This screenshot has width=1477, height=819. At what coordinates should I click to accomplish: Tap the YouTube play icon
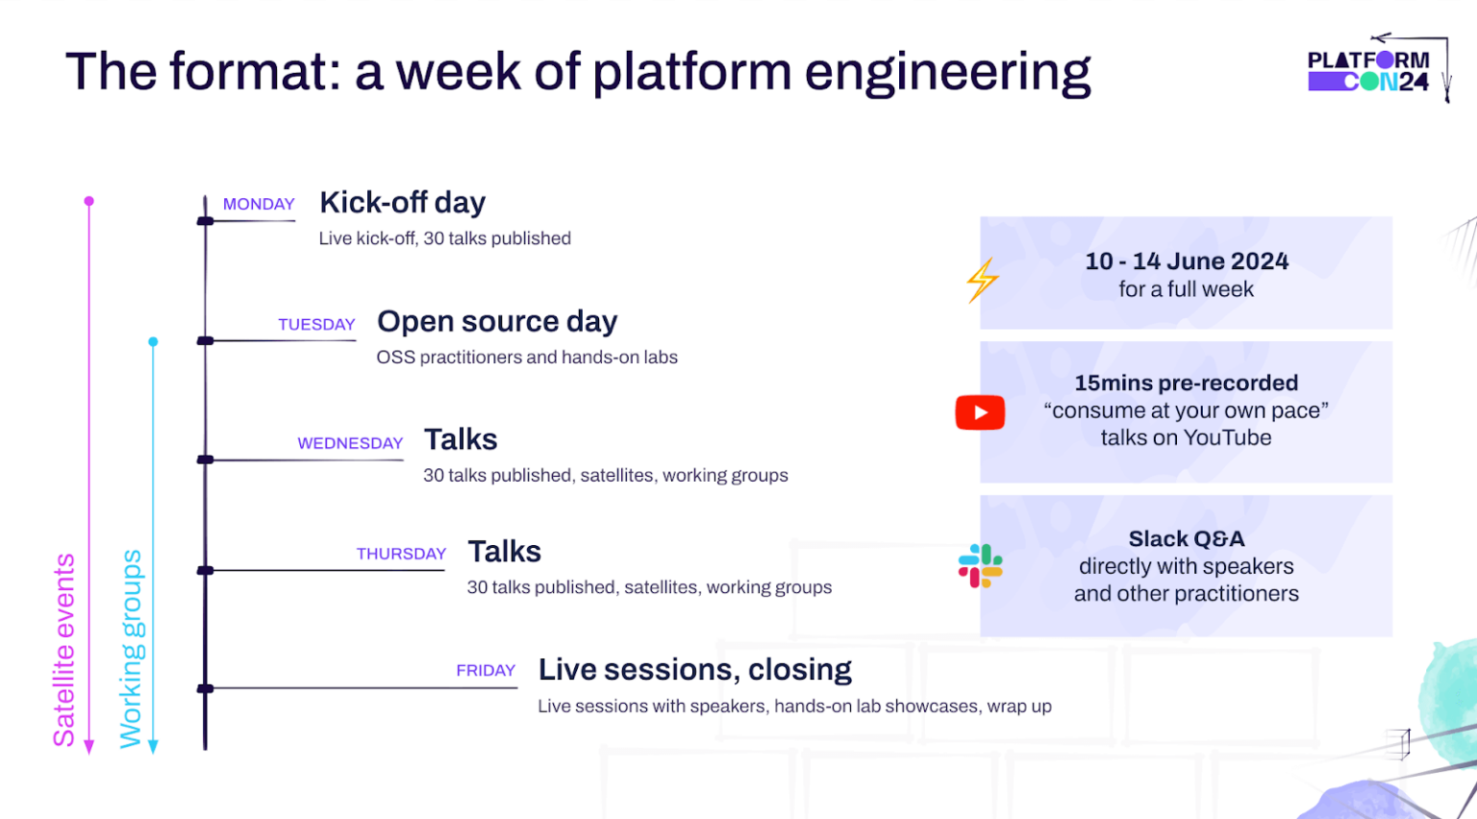pos(980,412)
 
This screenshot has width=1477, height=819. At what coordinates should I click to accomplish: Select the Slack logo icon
pos(980,566)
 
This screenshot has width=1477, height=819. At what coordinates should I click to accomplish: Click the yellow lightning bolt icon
pos(982,280)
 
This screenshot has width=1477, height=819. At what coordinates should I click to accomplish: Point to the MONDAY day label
pos(259,205)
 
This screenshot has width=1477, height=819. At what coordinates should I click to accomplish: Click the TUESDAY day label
pos(316,325)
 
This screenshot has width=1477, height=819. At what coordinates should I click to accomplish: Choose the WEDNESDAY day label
pos(350,443)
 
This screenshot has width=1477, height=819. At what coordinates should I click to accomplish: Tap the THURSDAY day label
pos(401,554)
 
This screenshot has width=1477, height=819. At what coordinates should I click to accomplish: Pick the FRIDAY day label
pos(486,671)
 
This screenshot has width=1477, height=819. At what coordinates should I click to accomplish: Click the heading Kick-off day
pos(402,203)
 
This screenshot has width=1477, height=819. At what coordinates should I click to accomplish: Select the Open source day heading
pos(496,321)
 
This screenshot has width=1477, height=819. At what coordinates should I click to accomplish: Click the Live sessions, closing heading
pos(694,669)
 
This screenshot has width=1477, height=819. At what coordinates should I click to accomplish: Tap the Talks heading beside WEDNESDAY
pos(461,439)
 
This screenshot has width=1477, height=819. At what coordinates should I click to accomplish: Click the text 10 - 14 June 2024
pos(1186,261)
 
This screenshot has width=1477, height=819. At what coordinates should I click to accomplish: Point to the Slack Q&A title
pos(1186,539)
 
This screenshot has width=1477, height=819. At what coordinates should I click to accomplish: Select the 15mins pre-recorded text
pos(1186,384)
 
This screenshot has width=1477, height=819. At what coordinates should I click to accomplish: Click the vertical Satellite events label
pos(63,650)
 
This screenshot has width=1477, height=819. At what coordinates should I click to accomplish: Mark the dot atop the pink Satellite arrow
pos(89,201)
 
